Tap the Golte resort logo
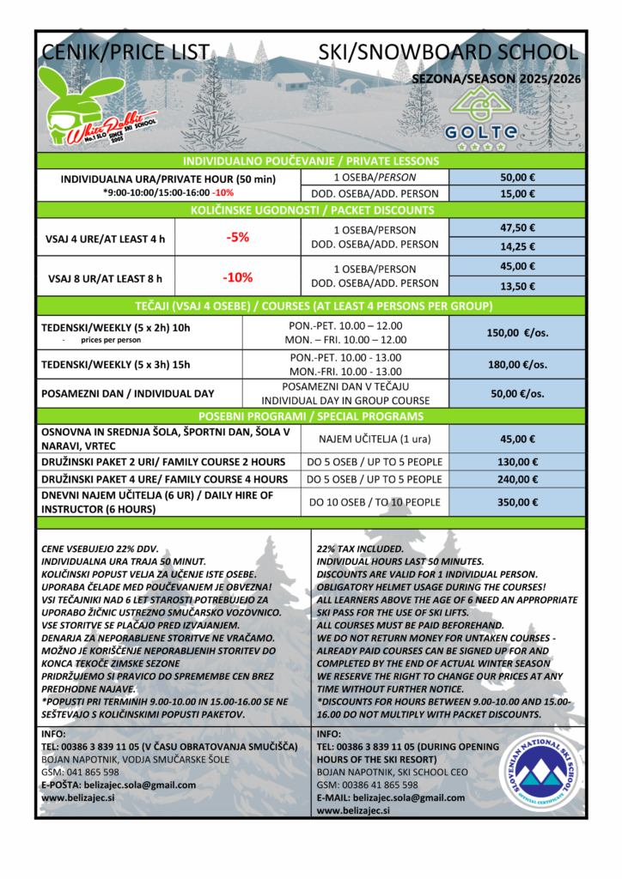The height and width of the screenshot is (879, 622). [481, 120]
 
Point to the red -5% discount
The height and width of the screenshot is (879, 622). [237, 238]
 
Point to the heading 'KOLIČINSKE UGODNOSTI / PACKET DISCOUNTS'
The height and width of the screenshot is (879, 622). [310, 210]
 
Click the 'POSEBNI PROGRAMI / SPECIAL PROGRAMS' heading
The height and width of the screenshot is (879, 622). [310, 416]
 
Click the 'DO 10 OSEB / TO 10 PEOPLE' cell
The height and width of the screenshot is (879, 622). [374, 502]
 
